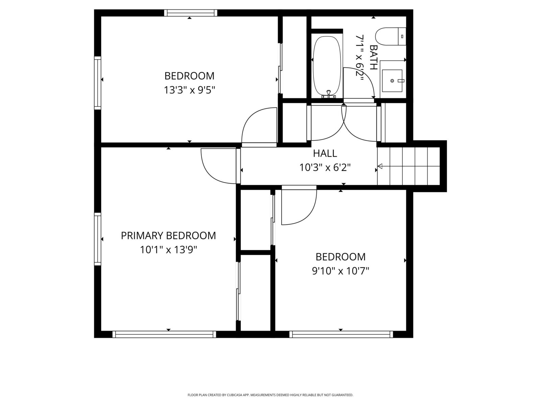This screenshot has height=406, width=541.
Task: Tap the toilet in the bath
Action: (x=391, y=36)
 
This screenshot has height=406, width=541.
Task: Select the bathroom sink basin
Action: (x=392, y=81)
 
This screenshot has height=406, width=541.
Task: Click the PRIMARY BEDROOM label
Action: (x=168, y=236)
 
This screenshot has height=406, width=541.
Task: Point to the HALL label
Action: (x=325, y=153)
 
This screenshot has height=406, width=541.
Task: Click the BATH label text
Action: (x=374, y=58)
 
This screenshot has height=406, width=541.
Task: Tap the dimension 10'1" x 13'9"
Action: (x=169, y=250)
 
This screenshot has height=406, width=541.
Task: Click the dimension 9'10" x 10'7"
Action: (x=340, y=271)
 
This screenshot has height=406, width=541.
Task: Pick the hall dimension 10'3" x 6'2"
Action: (x=325, y=167)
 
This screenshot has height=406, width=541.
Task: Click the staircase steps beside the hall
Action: (x=409, y=166)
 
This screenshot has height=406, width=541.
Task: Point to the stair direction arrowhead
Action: (x=380, y=166)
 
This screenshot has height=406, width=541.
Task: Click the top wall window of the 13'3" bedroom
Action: (x=191, y=13)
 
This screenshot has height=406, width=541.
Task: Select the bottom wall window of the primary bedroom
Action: (x=164, y=334)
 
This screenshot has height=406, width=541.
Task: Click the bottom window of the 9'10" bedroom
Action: (x=341, y=334)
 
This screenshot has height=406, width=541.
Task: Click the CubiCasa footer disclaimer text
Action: (x=270, y=395)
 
